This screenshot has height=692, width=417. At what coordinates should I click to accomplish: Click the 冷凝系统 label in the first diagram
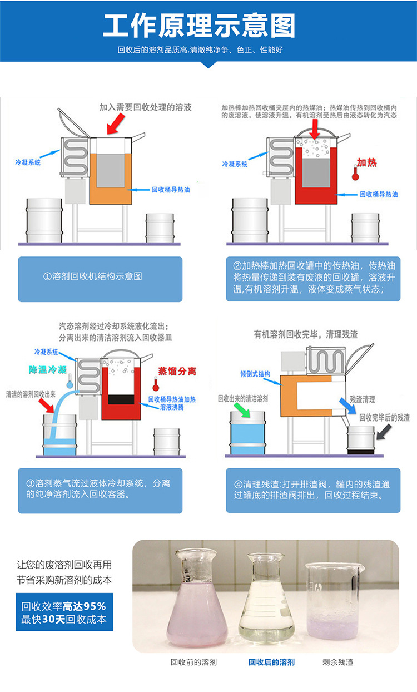(x=28, y=163)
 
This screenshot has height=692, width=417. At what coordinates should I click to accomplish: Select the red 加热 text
(x=366, y=162)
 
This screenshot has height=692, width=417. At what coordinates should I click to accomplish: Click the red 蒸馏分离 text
(x=177, y=371)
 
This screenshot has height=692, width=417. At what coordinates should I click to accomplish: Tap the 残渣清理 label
(x=363, y=399)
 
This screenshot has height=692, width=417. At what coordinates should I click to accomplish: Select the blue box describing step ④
(x=313, y=490)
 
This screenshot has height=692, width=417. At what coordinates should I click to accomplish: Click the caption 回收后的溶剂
(x=271, y=662)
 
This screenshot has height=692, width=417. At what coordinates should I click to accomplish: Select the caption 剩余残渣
(x=337, y=662)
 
